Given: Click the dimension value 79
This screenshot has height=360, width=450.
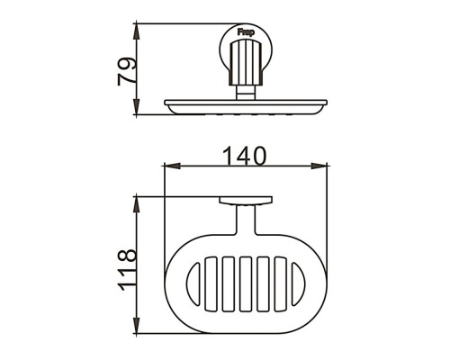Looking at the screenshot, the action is click(x=127, y=71).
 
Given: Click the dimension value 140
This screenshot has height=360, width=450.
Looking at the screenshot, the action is click(x=245, y=157).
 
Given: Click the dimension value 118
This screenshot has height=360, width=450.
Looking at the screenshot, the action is click(x=128, y=269).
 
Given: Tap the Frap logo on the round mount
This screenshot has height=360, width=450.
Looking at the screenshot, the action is click(x=246, y=31).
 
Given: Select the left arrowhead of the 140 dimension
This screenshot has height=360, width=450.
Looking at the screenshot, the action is click(x=172, y=166).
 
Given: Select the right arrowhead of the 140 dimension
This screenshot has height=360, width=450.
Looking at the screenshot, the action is click(x=319, y=166).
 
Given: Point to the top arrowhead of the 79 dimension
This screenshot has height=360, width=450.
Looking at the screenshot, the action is click(x=137, y=31).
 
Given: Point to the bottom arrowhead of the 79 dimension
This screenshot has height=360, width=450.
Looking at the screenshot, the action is click(x=137, y=106).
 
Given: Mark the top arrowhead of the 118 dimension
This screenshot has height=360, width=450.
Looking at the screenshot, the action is click(x=137, y=204).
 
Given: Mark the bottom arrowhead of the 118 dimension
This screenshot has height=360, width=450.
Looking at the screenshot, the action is click(x=137, y=325).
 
